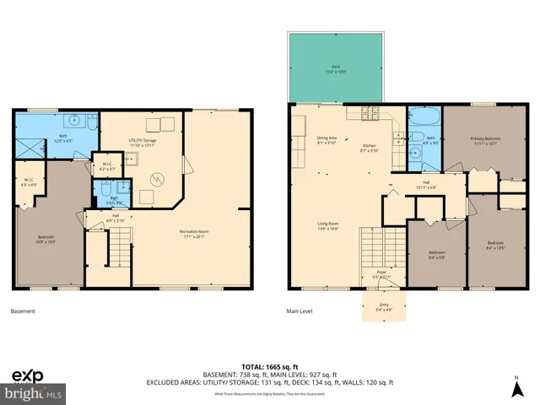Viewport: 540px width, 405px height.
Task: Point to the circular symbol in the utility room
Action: coord(157,179)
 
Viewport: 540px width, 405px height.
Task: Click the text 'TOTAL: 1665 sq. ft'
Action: coord(269,359)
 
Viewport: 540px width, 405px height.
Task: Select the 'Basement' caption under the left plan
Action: coord(23,311)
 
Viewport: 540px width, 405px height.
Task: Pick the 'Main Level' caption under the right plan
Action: coord(300,311)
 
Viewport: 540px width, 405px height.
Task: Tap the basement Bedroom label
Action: coord(46,240)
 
